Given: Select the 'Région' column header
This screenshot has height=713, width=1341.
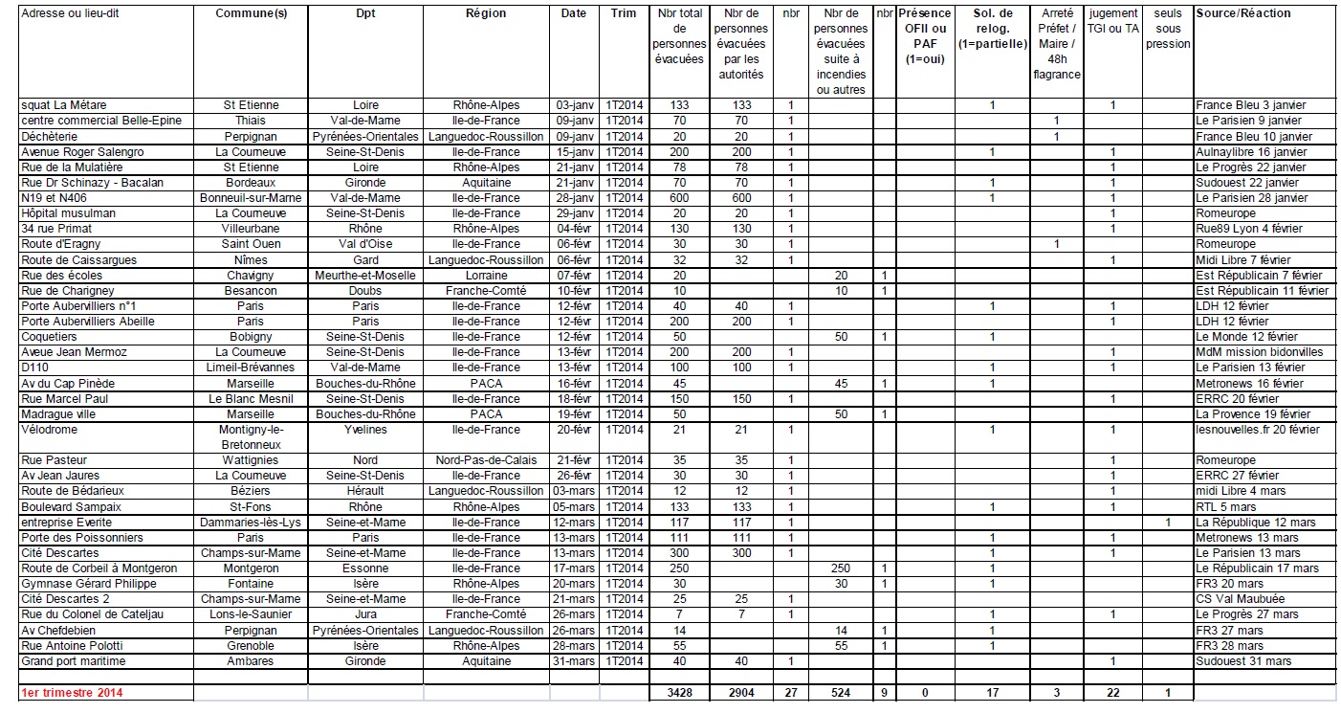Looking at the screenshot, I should coord(486,13).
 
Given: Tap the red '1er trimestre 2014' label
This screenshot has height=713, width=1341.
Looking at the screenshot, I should coord(72,692).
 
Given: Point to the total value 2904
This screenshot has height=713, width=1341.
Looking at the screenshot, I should coord(741,692).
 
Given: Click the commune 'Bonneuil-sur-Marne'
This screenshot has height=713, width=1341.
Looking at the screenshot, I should coord(251,198).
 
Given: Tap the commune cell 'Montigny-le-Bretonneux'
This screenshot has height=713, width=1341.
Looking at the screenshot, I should coord(251,436).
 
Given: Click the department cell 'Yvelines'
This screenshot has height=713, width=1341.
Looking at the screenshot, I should coord(365,430).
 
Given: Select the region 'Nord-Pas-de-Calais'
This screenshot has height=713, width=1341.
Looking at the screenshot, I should coord(486,460).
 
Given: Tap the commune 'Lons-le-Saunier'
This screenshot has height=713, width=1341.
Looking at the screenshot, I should coord(251,614).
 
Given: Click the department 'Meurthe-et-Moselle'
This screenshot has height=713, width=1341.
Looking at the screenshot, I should coord(365,276).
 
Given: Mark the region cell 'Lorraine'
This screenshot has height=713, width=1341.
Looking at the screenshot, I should coord(486,276).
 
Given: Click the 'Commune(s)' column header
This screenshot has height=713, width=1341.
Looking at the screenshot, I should coord(251,13).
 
